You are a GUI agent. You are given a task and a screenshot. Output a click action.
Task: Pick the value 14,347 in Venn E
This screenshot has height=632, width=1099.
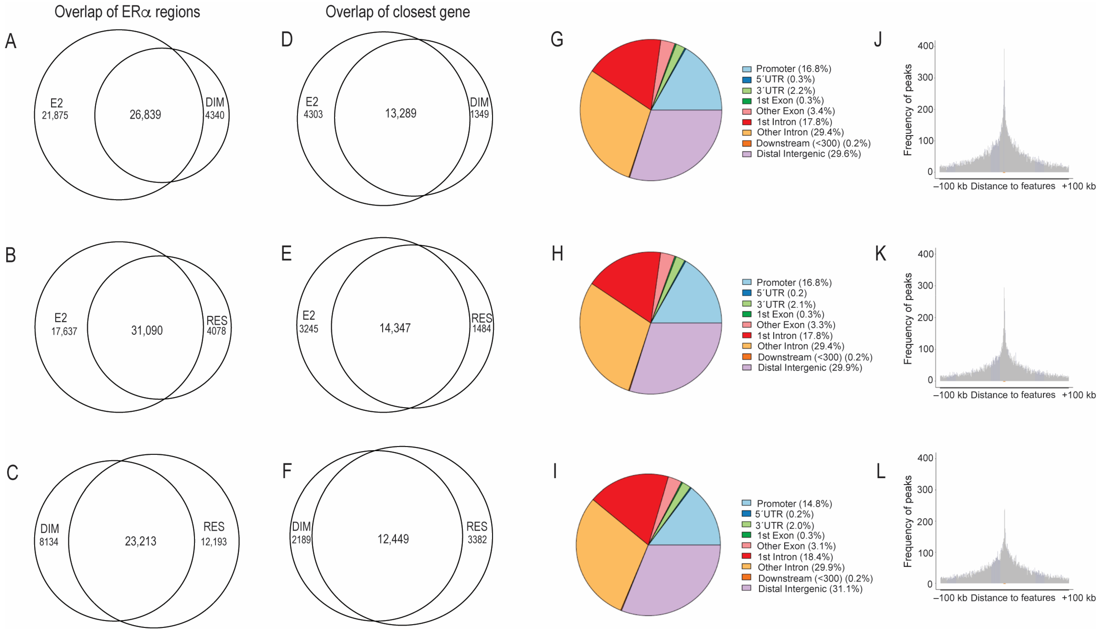click(395, 328)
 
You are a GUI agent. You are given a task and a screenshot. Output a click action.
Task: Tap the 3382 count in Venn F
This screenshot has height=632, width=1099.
click(477, 540)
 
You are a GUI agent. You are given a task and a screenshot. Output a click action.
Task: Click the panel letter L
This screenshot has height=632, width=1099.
click(880, 471)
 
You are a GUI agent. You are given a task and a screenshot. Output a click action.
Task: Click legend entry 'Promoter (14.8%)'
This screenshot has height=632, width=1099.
click(794, 504)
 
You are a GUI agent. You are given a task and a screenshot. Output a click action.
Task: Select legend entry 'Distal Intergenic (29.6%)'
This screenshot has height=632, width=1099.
click(808, 154)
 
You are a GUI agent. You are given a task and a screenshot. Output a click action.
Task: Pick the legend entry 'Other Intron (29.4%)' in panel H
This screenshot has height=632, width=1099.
click(800, 346)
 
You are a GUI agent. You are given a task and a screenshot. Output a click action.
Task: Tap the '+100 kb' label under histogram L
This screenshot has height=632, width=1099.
click(1078, 598)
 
